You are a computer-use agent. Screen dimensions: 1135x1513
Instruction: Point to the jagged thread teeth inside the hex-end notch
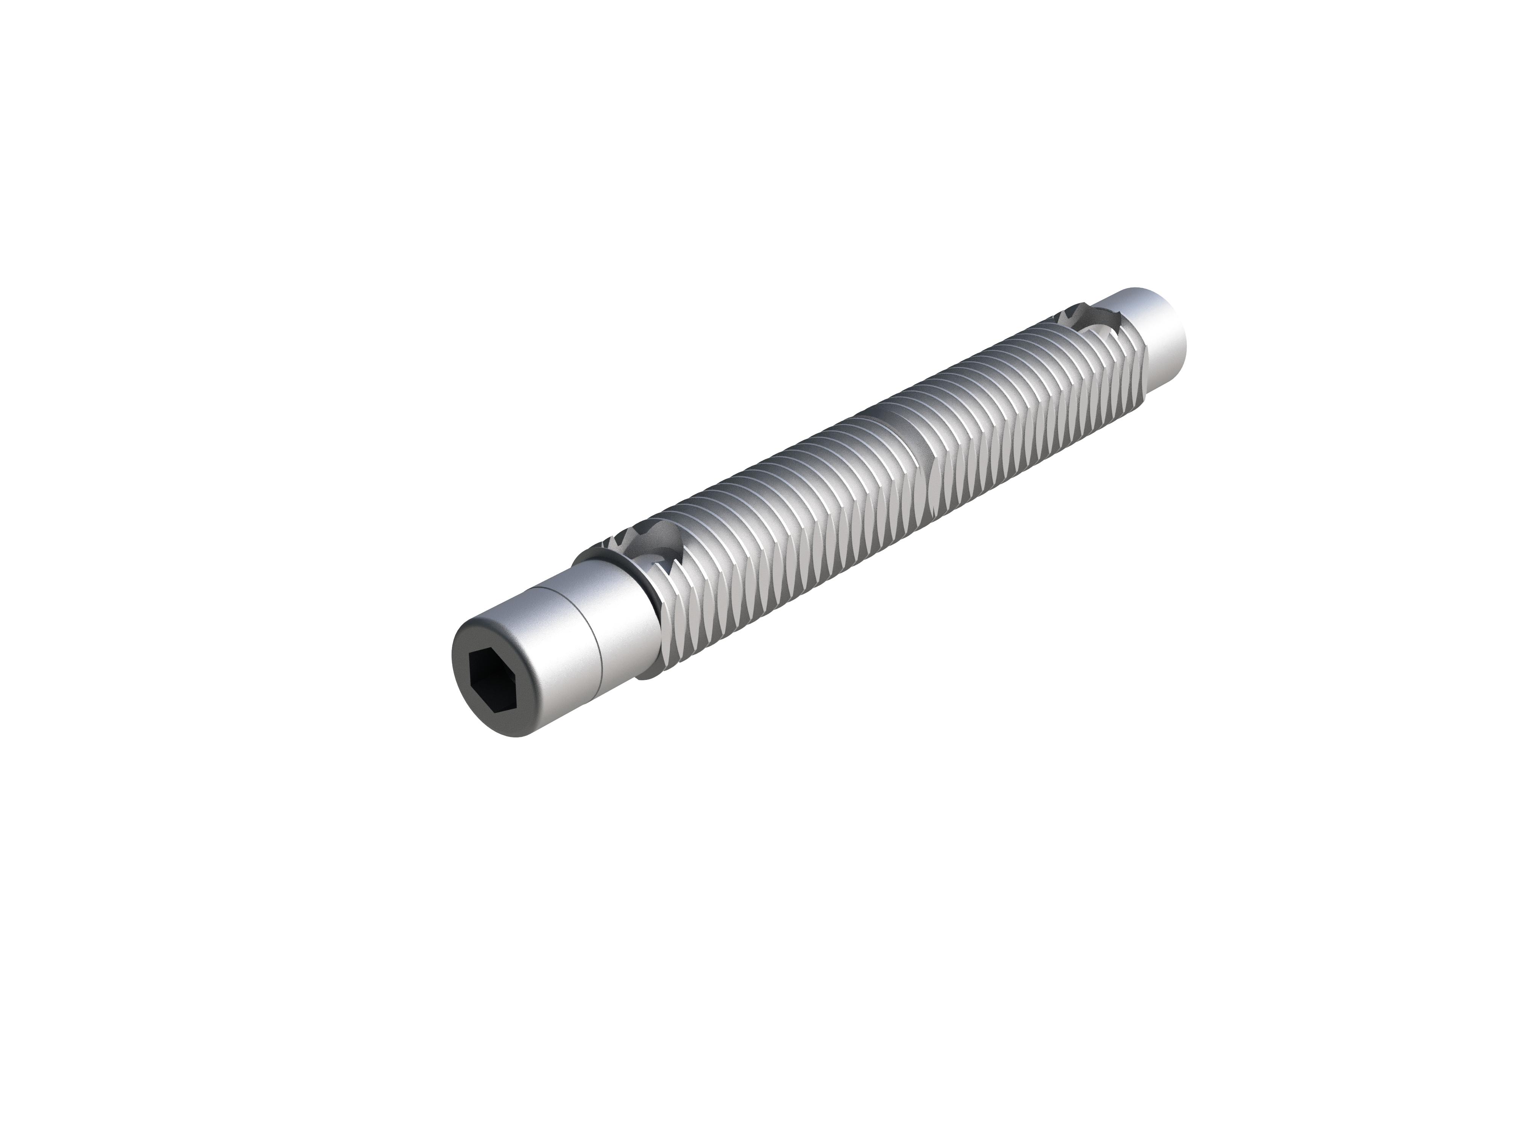(x=674, y=541)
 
